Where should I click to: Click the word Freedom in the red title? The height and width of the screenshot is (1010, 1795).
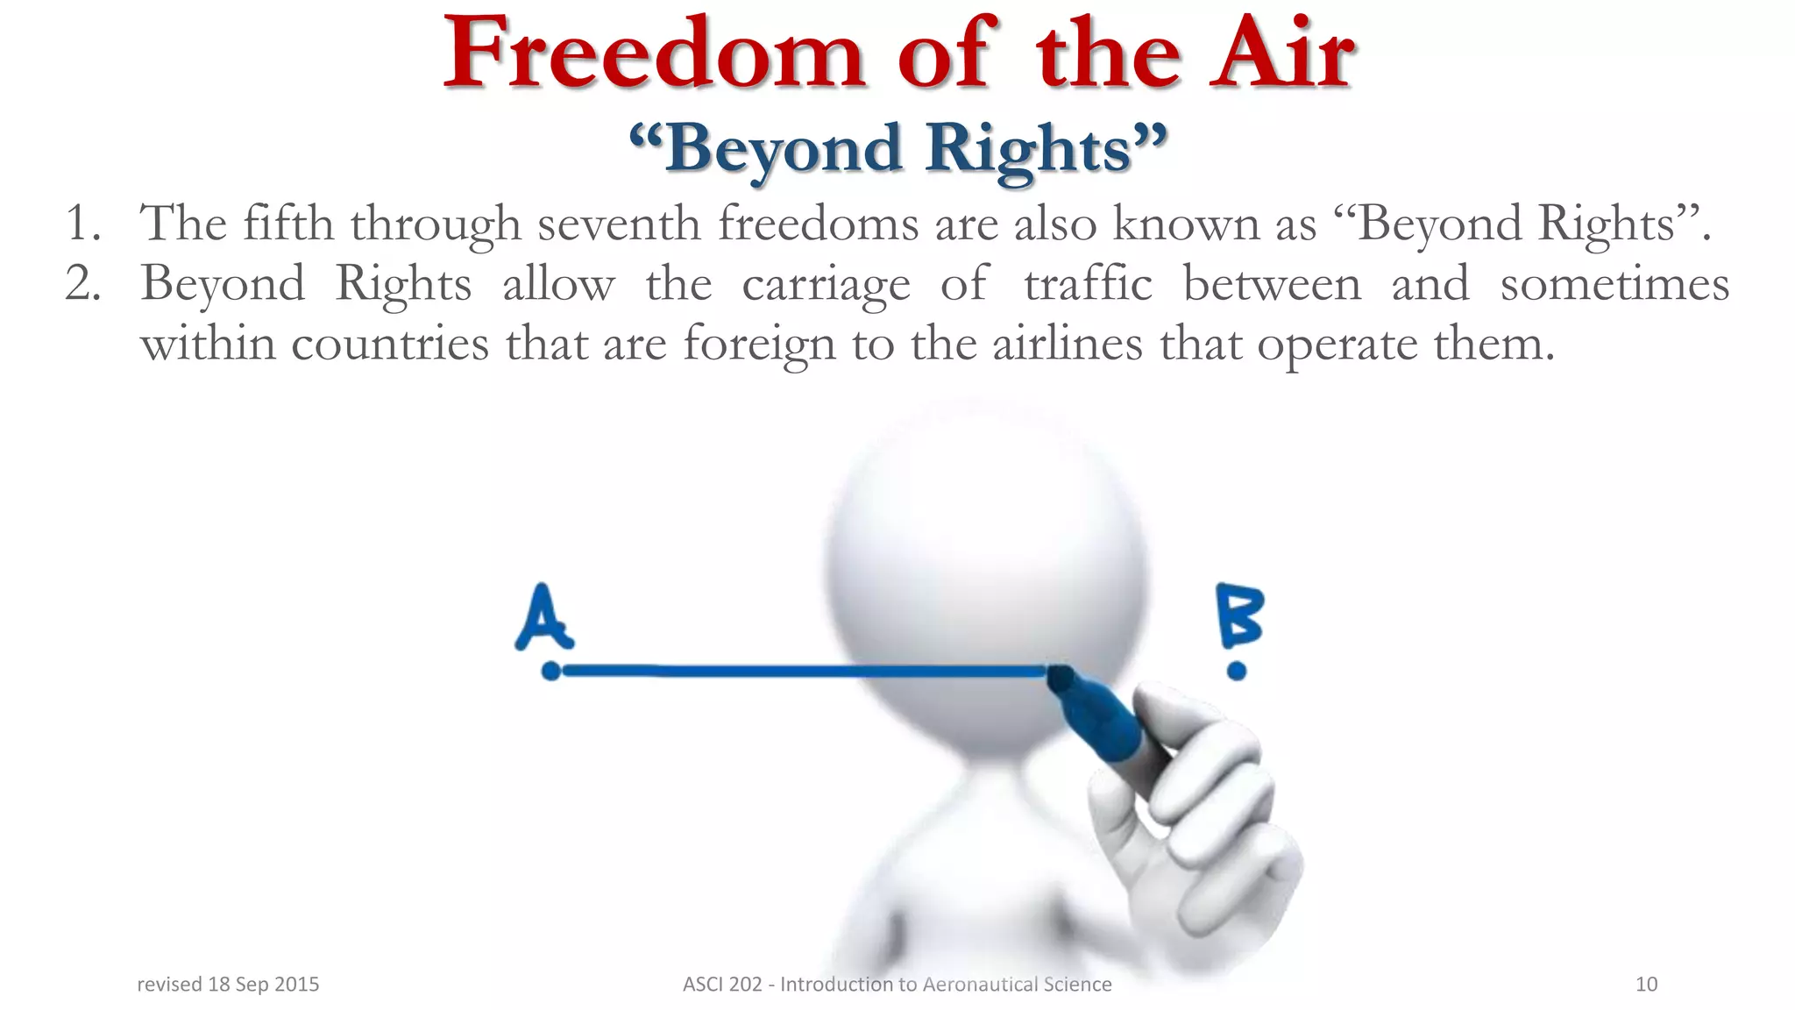[x=653, y=54]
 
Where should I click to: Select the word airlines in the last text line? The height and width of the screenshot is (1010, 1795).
[x=1068, y=343]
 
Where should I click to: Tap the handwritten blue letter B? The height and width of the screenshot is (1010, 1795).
[x=1239, y=615]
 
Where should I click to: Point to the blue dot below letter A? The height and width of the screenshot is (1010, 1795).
[x=550, y=672]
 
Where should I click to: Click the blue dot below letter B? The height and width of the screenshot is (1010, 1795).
[x=1237, y=672]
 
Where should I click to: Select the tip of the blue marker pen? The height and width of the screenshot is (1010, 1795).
[x=1059, y=675]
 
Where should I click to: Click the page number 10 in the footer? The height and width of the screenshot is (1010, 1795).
[x=1646, y=985]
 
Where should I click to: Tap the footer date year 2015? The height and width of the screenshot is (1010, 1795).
[x=297, y=985]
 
